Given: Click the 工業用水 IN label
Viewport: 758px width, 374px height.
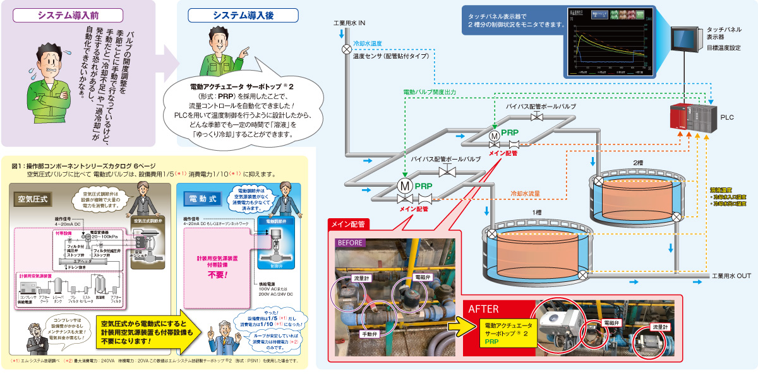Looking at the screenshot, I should [349, 23].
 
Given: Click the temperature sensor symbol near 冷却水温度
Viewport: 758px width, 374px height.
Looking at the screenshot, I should [347, 49].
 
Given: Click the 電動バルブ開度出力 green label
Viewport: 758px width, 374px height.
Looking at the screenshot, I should [438, 92].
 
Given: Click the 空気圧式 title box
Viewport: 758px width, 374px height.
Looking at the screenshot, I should [35, 197].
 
